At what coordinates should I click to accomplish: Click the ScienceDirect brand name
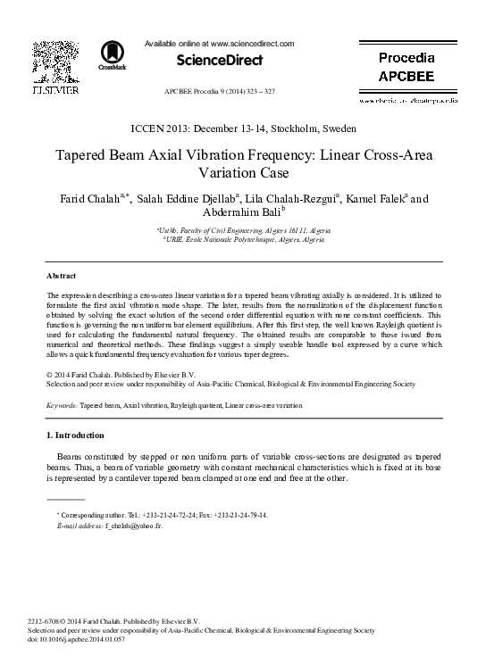point(219,61)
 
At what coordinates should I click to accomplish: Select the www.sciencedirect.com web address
point(251,43)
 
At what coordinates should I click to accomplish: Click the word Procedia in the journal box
point(406,58)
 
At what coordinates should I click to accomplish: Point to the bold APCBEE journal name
point(406,77)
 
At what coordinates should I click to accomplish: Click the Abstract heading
point(61,276)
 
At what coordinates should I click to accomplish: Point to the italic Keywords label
point(61,405)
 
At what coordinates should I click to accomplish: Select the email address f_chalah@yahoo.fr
point(133,526)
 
